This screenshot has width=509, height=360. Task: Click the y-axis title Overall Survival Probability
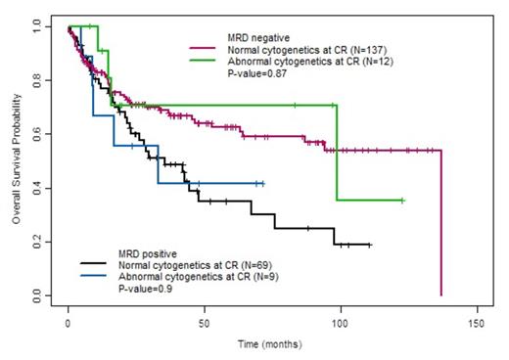pos(17,160)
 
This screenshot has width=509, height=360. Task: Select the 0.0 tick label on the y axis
pos(36,294)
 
